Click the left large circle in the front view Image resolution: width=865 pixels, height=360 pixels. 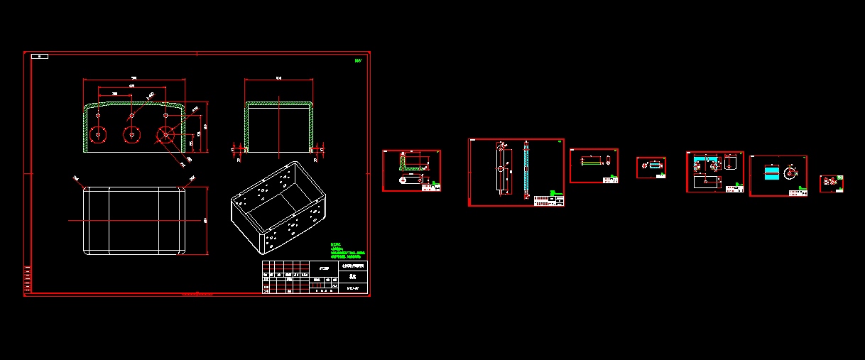(97, 133)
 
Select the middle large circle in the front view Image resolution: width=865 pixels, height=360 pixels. (131, 133)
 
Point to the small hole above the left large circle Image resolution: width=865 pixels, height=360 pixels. (99, 115)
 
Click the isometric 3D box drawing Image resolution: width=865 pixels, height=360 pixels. (279, 206)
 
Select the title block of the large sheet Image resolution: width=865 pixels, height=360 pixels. (315, 277)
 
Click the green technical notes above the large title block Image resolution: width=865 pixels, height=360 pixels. (347, 252)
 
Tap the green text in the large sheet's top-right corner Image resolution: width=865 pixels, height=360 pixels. (359, 61)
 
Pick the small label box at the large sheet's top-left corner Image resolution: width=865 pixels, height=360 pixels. (40, 56)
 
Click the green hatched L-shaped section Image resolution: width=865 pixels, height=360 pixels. (406, 164)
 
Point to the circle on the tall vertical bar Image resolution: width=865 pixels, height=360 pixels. (501, 170)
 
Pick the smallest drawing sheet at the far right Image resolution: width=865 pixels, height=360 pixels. (832, 184)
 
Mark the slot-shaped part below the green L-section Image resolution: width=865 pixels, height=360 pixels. (409, 180)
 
